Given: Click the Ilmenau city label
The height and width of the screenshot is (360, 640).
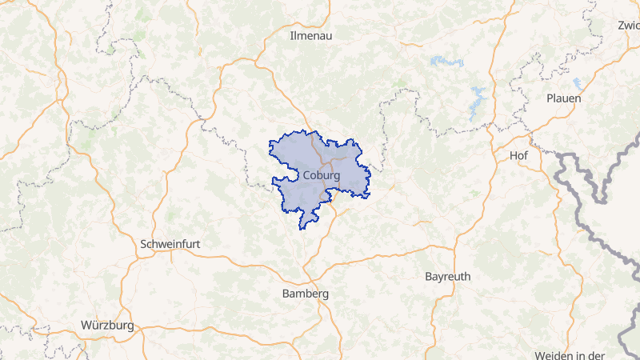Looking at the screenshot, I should (310, 35).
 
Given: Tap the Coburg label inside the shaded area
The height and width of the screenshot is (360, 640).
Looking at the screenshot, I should (322, 175).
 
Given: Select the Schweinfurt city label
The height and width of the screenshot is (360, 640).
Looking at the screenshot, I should (170, 243).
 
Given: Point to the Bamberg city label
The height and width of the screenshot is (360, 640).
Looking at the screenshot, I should (306, 294).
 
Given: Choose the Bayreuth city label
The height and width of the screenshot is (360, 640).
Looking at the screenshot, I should (447, 276).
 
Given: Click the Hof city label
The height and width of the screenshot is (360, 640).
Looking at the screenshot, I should (518, 155).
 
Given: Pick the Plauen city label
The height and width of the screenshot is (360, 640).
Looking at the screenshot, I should (563, 98).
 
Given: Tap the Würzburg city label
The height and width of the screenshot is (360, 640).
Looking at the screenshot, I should (107, 326).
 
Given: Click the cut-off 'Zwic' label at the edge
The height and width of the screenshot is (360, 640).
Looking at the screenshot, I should (628, 25).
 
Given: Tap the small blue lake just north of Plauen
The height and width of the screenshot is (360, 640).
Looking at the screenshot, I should (577, 82).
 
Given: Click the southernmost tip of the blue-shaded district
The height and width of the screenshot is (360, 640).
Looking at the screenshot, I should (302, 228).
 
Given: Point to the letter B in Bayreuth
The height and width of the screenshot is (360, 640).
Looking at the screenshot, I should (428, 276).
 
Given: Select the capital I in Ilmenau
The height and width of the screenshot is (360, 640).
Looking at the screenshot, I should (291, 35).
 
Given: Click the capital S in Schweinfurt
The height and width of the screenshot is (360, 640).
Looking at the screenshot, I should (143, 243).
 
